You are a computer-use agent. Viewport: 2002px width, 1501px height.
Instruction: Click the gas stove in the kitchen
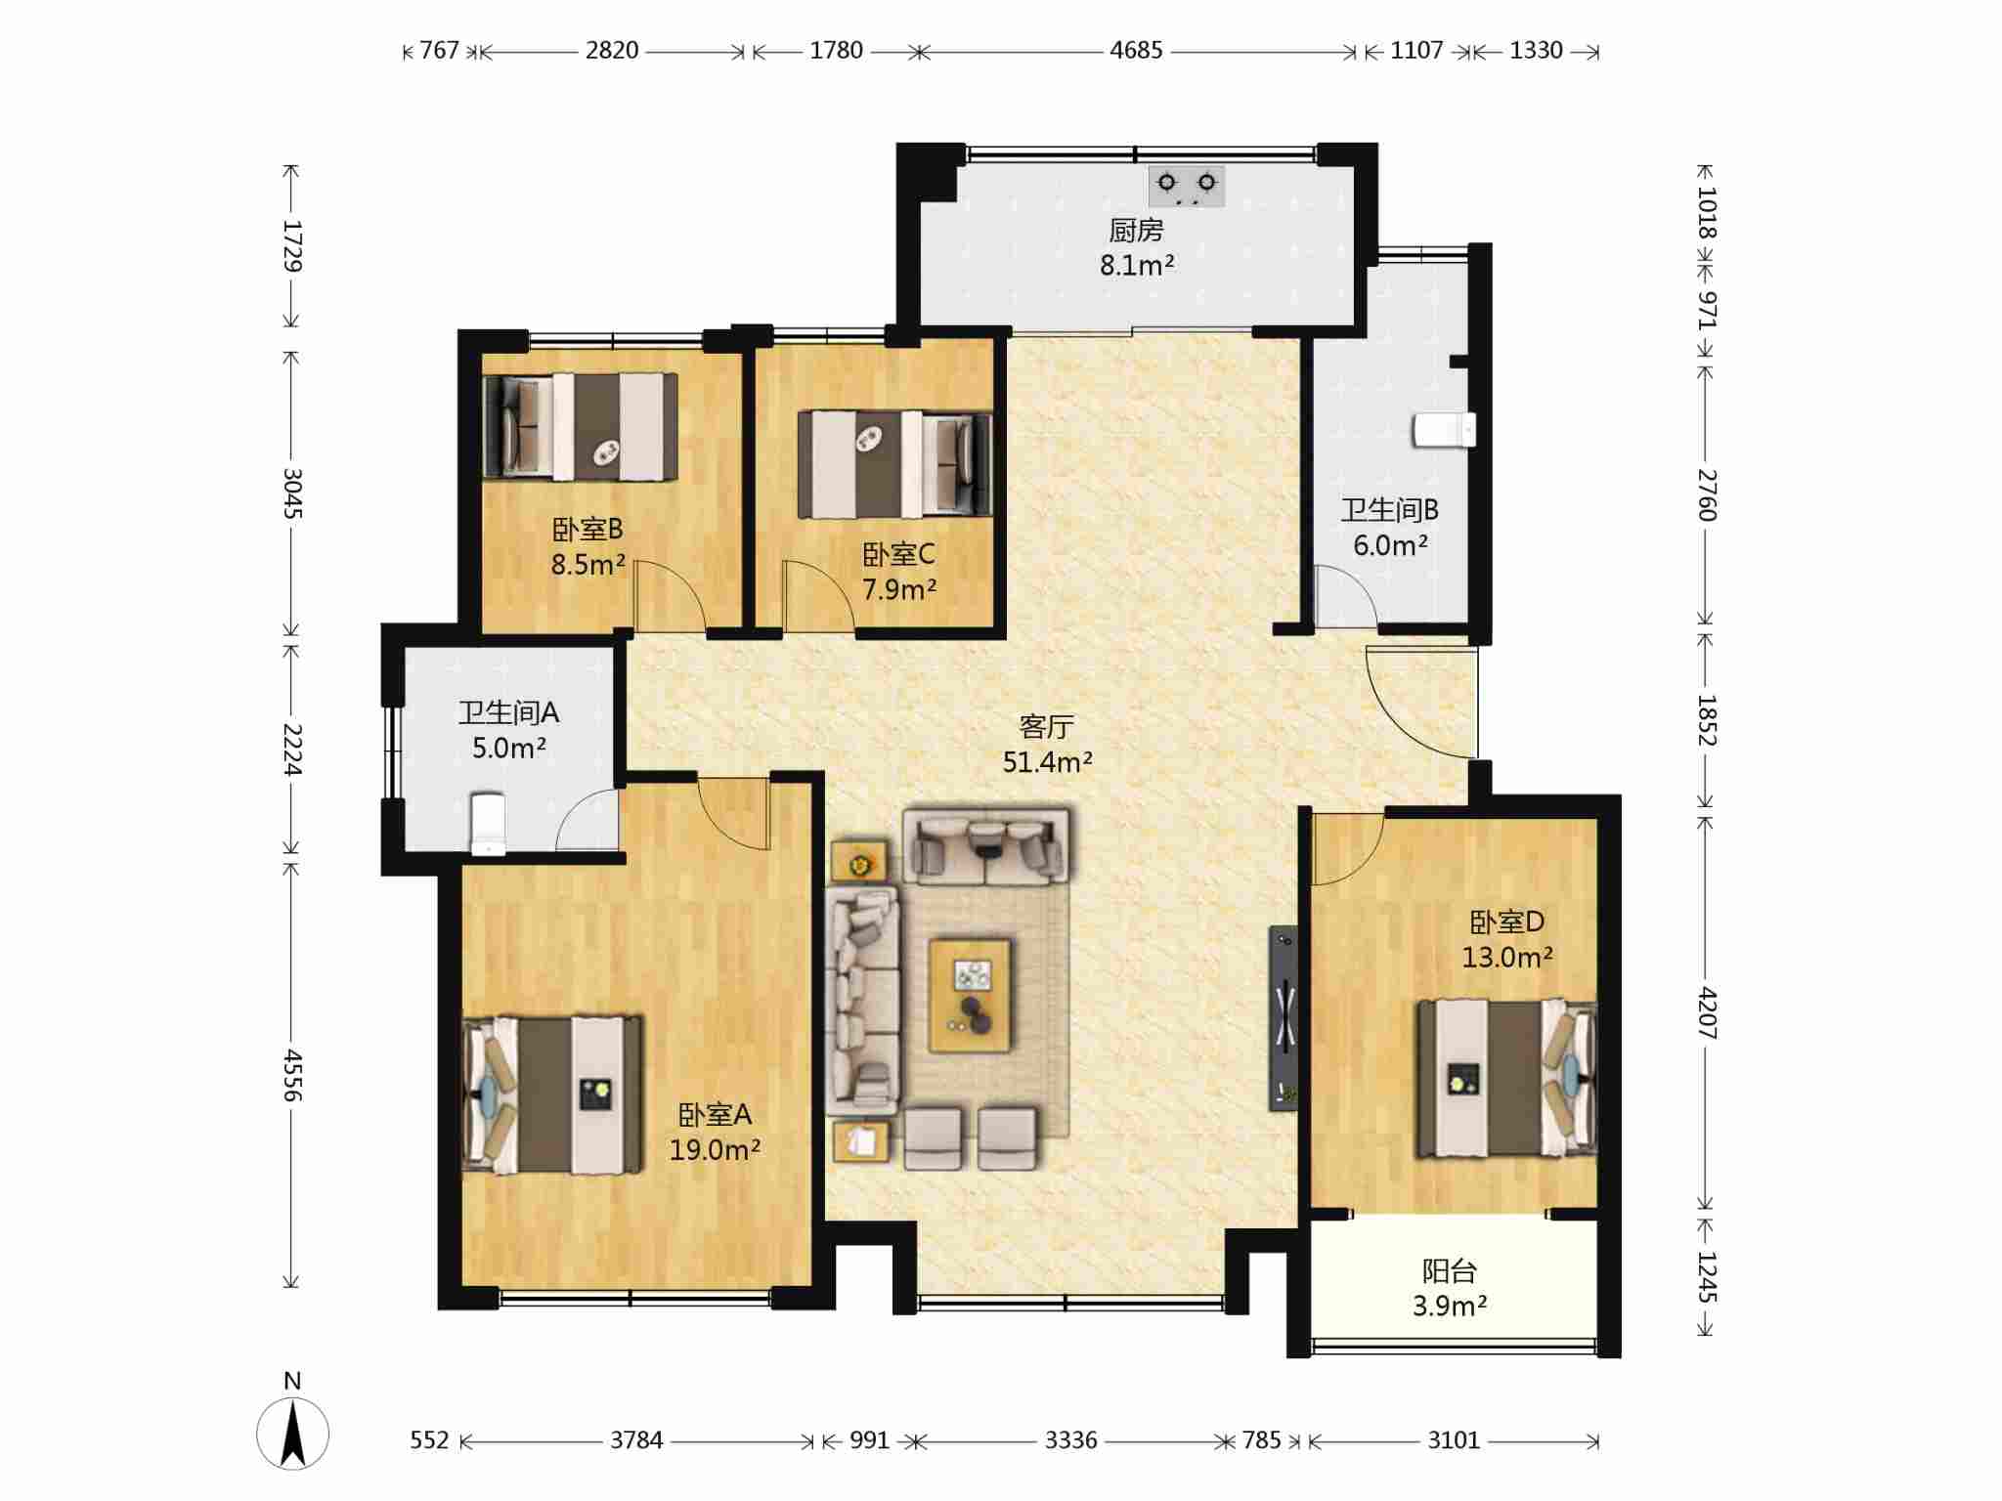pyautogui.click(x=1187, y=187)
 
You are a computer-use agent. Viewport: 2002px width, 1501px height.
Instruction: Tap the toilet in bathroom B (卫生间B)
pyautogui.click(x=1444, y=430)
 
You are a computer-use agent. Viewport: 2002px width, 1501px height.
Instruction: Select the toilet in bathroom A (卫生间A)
pyautogui.click(x=488, y=823)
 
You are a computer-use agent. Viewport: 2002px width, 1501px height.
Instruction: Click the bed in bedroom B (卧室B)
pyautogui.click(x=582, y=426)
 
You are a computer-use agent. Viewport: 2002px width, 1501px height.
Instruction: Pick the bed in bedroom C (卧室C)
pyautogui.click(x=895, y=464)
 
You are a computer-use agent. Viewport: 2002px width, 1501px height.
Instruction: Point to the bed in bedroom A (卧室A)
pyautogui.click(x=552, y=1094)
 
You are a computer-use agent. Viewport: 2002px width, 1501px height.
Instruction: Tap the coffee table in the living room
pyautogui.click(x=970, y=996)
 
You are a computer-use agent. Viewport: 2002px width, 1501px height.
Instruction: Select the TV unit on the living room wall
pyautogui.click(x=1284, y=1018)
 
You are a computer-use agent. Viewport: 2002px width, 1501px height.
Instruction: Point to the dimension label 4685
pyautogui.click(x=1136, y=50)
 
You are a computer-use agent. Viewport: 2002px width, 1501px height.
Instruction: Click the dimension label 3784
pyautogui.click(x=636, y=1439)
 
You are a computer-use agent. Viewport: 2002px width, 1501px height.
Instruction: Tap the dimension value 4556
pyautogui.click(x=291, y=1076)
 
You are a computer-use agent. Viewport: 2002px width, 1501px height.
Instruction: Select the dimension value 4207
pyautogui.click(x=1706, y=1013)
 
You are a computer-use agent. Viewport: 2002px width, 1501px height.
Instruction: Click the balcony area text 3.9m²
pyautogui.click(x=1450, y=1306)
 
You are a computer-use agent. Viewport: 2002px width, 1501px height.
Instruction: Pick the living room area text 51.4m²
pyautogui.click(x=1047, y=761)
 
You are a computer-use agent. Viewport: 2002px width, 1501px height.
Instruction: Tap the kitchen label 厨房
pyautogui.click(x=1136, y=231)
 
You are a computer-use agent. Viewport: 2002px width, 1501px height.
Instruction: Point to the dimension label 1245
pyautogui.click(x=1706, y=1277)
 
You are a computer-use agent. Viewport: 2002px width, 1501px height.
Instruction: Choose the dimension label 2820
pyautogui.click(x=612, y=50)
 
